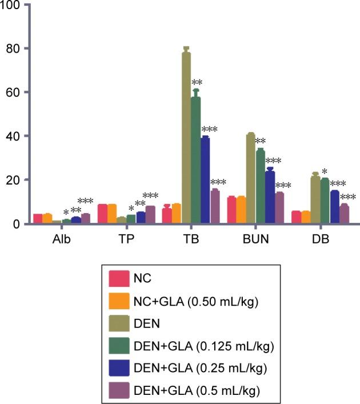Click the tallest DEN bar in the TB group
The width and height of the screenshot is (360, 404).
186,137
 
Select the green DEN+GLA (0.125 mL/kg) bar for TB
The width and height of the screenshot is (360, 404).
196,160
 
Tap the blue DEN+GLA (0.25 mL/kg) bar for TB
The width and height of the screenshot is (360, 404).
205,180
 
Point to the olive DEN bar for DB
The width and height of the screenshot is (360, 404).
315,200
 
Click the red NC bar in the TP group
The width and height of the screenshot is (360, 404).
102,214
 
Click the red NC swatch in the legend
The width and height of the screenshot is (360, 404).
118,279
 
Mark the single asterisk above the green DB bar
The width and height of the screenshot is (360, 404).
325,172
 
